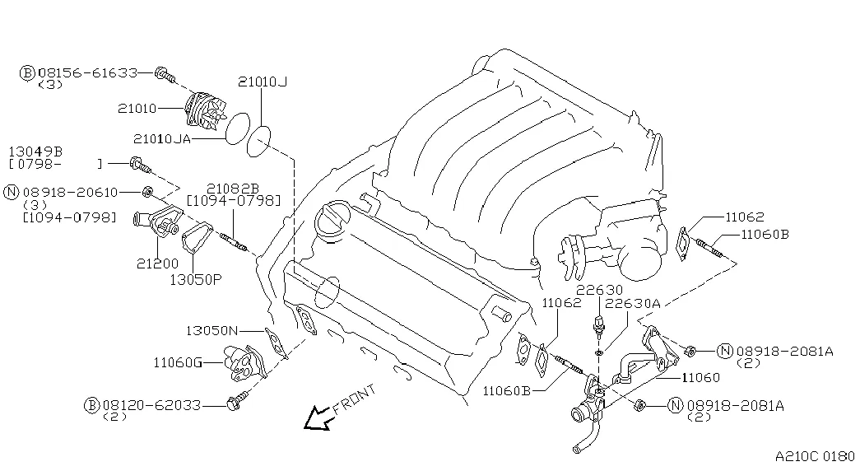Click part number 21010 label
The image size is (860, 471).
[136, 108]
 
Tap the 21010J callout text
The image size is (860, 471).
[263, 82]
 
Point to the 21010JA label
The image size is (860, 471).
[160, 139]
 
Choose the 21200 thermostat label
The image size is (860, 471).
[157, 263]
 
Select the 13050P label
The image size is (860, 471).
[196, 279]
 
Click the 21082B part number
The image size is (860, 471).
[233, 187]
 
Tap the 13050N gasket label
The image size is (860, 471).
[211, 330]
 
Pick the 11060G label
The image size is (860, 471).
[177, 361]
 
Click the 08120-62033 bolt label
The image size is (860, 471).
[152, 405]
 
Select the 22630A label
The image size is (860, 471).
[632, 304]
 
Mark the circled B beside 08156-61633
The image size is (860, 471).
[27, 73]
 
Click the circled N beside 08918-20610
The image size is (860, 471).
[12, 192]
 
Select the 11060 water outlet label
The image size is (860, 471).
[700, 378]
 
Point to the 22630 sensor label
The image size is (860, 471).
[599, 291]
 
